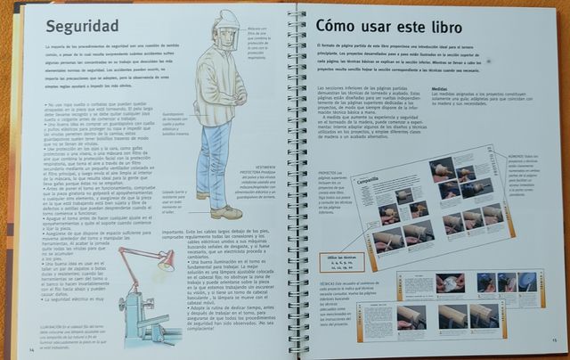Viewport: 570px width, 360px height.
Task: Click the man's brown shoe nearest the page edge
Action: click(225, 212)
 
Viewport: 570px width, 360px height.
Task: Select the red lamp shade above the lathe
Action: click(166, 262)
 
